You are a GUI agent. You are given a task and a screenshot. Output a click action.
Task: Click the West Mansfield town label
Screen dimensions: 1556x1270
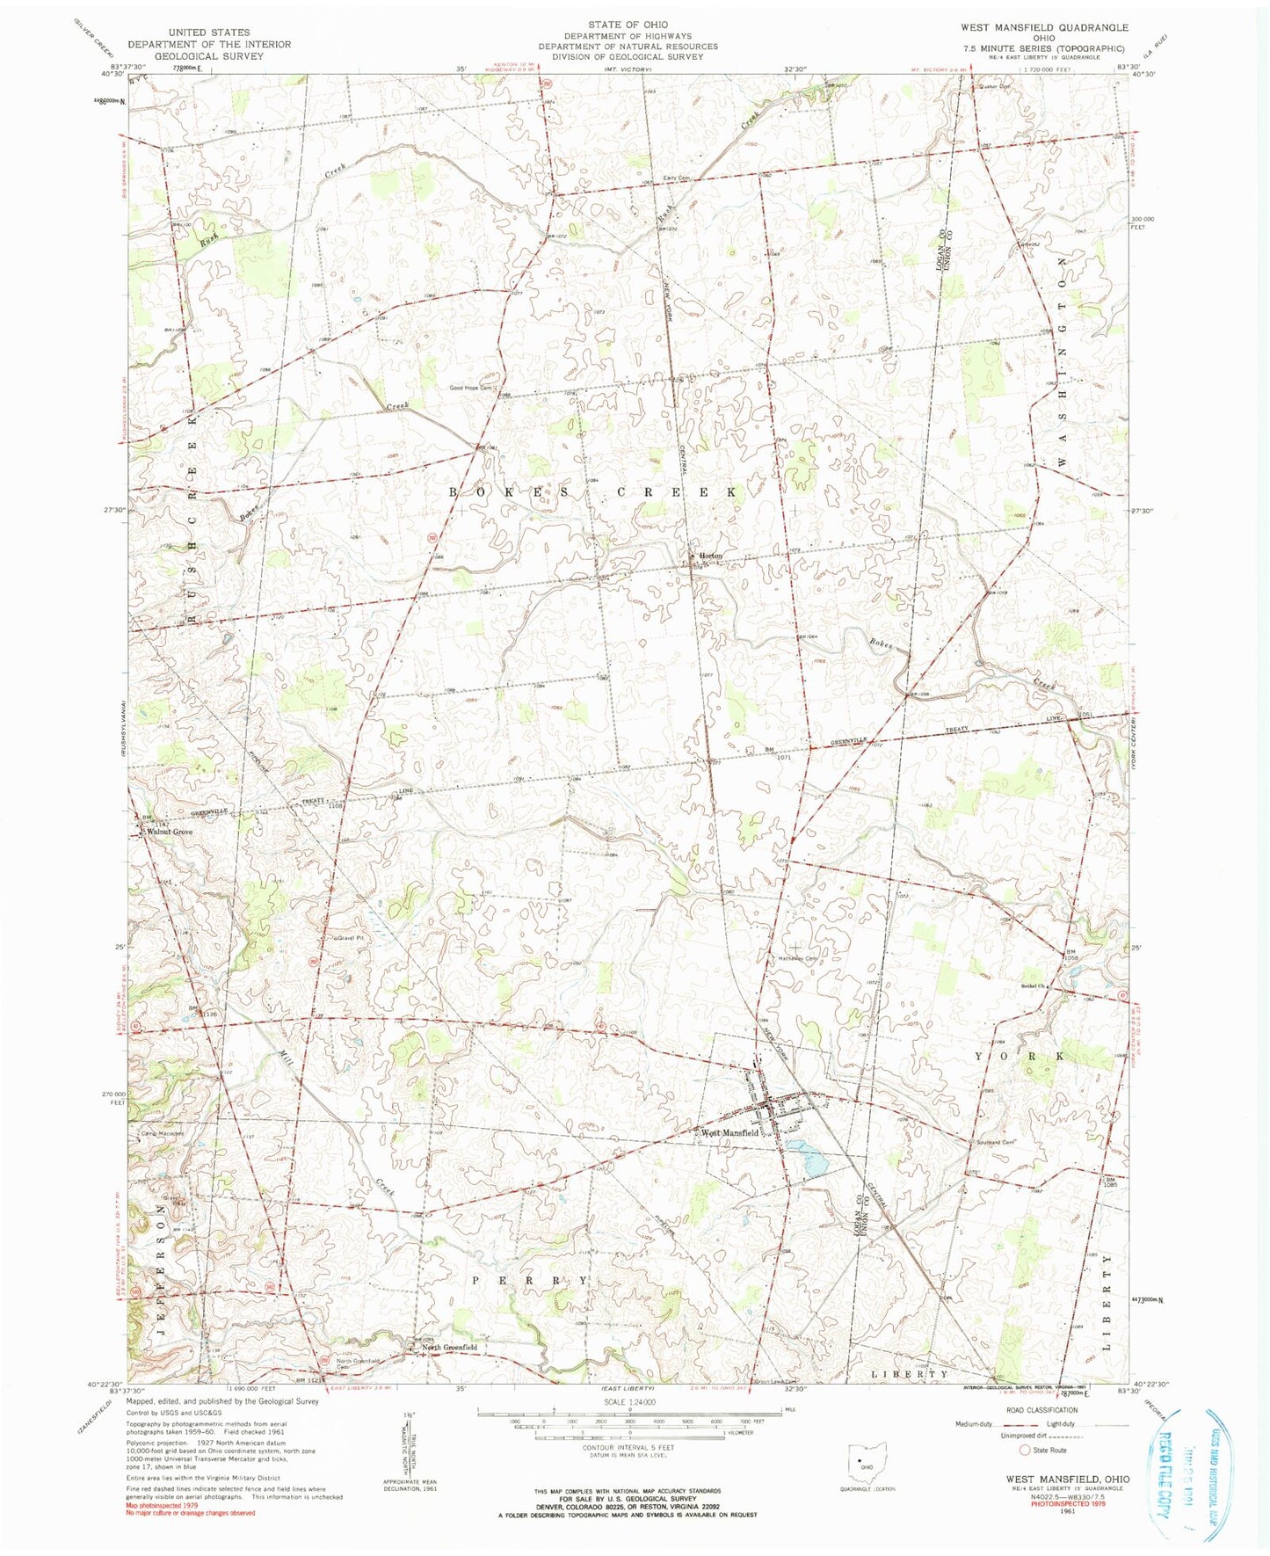click(729, 1133)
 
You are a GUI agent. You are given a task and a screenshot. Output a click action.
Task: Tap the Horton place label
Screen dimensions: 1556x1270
click(710, 556)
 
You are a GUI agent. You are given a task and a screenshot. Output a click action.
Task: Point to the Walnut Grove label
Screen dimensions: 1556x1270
click(171, 832)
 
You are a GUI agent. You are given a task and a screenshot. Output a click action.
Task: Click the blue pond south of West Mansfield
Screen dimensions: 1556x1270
click(809, 1159)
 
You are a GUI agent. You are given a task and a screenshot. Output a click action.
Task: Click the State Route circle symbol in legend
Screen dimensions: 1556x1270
click(1024, 1451)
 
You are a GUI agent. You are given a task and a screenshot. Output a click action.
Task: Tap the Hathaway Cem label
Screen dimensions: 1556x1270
click(798, 958)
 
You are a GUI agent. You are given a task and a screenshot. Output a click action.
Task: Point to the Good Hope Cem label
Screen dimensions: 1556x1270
click(472, 388)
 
